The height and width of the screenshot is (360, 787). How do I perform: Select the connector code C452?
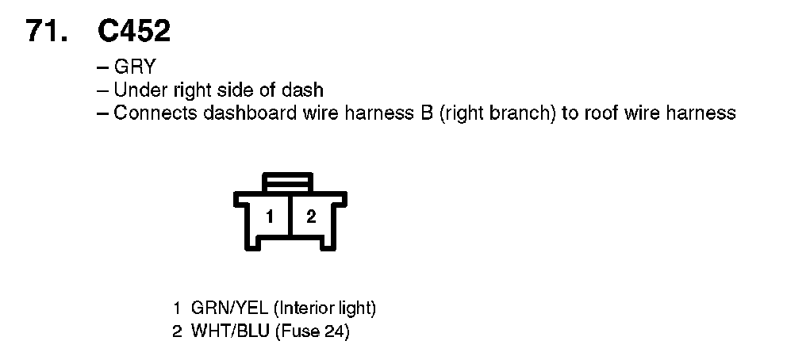134,32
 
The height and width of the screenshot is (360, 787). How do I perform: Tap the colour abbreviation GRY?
135,67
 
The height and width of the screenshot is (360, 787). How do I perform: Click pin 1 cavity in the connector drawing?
271,216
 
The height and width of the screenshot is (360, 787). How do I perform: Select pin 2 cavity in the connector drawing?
311,216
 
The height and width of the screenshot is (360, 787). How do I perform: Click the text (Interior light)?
324,308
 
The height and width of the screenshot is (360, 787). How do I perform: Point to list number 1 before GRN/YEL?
177,308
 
